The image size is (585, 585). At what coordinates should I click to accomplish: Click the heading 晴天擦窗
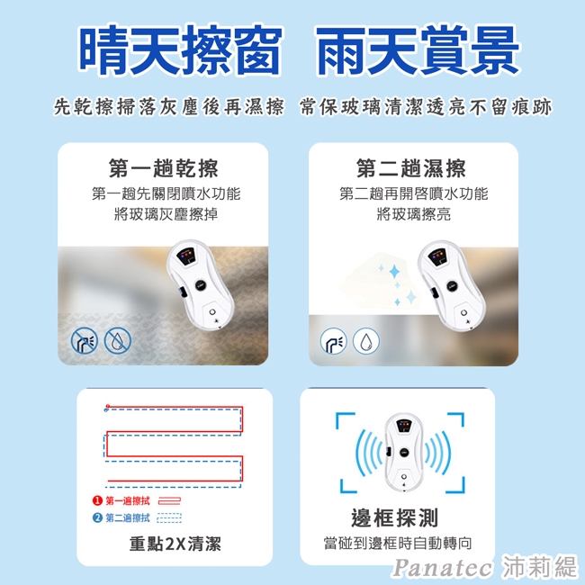(x=180, y=49)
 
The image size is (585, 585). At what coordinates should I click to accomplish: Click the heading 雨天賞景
(x=418, y=49)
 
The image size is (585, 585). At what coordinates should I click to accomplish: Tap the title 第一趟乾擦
(x=164, y=168)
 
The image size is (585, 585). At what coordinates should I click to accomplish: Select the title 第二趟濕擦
(x=411, y=168)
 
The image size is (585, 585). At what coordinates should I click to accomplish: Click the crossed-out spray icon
(x=85, y=340)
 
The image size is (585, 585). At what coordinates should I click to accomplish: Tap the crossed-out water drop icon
(x=118, y=340)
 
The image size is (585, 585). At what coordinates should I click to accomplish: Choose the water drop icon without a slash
(x=366, y=340)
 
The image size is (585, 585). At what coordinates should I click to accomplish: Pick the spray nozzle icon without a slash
(x=333, y=340)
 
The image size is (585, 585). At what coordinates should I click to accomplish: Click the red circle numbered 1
(x=97, y=500)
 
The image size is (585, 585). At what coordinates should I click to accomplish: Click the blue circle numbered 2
(x=97, y=517)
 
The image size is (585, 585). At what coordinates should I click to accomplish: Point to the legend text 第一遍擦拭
(x=128, y=500)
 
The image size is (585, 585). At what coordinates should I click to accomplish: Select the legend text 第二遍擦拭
(x=128, y=517)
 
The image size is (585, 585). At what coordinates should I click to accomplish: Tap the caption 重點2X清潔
(x=175, y=544)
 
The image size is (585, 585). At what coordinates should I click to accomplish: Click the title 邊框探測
(x=394, y=517)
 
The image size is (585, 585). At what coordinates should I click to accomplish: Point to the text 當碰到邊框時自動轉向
(x=398, y=544)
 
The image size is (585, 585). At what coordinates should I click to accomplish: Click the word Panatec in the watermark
(x=443, y=568)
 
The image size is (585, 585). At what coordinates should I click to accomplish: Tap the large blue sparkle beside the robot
(x=394, y=272)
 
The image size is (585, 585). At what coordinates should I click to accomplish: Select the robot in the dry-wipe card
(x=200, y=285)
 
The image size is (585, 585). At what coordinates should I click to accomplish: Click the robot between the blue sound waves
(x=404, y=452)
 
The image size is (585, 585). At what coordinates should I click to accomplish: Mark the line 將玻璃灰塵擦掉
(x=166, y=214)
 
